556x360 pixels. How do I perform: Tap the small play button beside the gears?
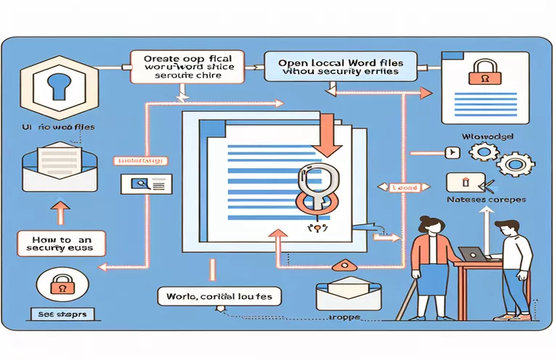pyautogui.click(x=454, y=152)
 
